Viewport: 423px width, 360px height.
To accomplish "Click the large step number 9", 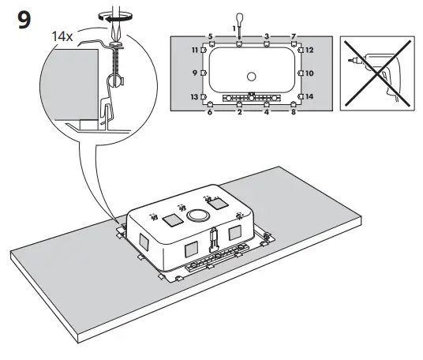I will pyautogui.click(x=24, y=20).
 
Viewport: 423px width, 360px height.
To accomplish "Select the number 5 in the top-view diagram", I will pyautogui.click(x=210, y=37).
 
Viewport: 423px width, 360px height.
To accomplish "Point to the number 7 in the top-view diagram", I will pyautogui.click(x=293, y=37).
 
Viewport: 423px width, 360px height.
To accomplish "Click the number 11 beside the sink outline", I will pyautogui.click(x=195, y=50).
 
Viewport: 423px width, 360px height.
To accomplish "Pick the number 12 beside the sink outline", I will pyautogui.click(x=309, y=50).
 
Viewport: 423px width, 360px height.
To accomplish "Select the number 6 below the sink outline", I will pyautogui.click(x=210, y=113).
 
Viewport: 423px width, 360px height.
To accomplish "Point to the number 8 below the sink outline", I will pyautogui.click(x=293, y=113).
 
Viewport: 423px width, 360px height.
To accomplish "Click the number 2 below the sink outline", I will pyautogui.click(x=238, y=113).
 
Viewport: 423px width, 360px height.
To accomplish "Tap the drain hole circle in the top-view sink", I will pyautogui.click(x=252, y=76).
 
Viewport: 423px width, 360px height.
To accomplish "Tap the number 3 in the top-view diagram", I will pyautogui.click(x=267, y=37).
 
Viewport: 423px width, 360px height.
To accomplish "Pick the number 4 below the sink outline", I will pyautogui.click(x=267, y=113).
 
